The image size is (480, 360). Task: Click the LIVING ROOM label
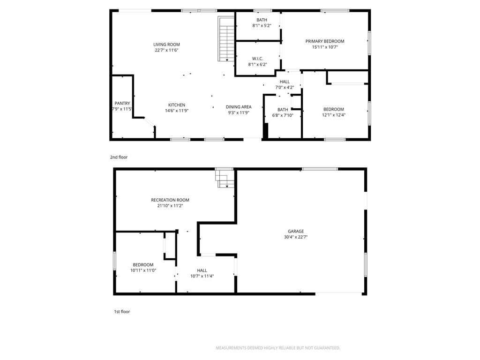[x=166, y=45]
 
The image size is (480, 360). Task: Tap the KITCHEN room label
[x=177, y=105]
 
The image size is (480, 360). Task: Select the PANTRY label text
[x=122, y=104]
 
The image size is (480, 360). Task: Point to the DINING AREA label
[x=239, y=107]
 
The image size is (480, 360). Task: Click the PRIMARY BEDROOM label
[x=325, y=41]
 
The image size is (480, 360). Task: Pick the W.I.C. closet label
[x=257, y=59]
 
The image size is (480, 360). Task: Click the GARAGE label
[x=296, y=232]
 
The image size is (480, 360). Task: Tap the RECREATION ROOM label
[x=170, y=200]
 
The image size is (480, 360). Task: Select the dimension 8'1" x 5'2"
[x=262, y=26]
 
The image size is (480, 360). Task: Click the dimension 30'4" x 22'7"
[x=296, y=237]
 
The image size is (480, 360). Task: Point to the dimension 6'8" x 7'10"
[x=283, y=115]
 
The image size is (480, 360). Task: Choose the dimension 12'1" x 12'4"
[x=334, y=115]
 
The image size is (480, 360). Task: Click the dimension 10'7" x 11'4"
[x=202, y=276]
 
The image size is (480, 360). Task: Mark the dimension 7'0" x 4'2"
[x=285, y=88]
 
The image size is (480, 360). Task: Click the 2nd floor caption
[x=119, y=157]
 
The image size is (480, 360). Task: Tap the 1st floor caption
[x=122, y=312]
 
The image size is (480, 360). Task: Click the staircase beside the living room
[x=226, y=38]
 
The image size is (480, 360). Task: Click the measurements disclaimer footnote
[x=278, y=348]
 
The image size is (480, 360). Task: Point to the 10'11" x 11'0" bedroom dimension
[x=143, y=270]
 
